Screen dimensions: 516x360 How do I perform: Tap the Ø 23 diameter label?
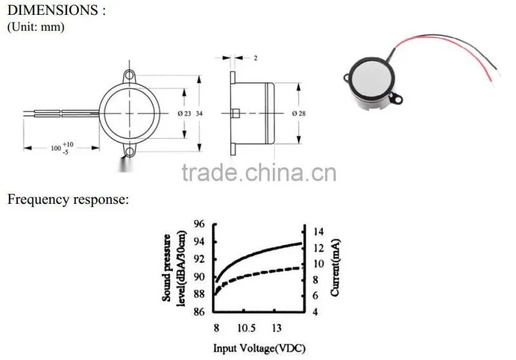tap(184, 114)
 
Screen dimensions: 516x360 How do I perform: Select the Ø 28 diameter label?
tap(299, 114)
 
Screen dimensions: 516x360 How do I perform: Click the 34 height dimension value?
tap(199, 114)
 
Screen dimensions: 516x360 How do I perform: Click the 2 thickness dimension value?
tap(255, 58)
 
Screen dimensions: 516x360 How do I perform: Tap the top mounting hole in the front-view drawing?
tap(130, 75)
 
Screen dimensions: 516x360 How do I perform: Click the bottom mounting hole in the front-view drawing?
tap(130, 152)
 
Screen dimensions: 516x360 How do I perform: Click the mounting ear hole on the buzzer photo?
tap(397, 99)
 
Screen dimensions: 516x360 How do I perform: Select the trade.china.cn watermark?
tap(259, 172)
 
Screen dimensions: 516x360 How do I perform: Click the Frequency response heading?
tap(68, 199)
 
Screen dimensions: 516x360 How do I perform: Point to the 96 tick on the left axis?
tap(199, 224)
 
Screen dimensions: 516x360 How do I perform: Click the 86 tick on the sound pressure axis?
tap(199, 312)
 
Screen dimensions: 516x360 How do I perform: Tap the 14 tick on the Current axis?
tap(318, 232)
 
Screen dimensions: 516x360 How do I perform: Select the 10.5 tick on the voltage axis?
tap(246, 328)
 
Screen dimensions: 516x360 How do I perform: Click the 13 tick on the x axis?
tap(277, 328)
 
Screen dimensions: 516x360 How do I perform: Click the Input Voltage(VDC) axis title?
tap(259, 348)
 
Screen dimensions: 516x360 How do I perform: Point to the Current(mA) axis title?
tap(335, 268)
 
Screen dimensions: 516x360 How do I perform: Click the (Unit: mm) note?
tap(35, 26)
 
